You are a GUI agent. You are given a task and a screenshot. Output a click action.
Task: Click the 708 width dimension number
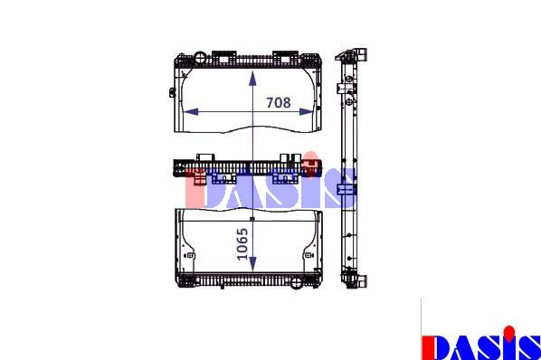278,102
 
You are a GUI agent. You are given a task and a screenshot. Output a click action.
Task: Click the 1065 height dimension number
242,244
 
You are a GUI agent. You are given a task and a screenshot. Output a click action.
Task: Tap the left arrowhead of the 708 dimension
191,112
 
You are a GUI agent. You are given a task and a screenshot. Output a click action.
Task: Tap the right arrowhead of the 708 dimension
307,112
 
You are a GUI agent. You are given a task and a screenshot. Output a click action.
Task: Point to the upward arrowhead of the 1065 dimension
253,79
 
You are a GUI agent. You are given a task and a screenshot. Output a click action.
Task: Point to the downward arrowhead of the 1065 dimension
253,264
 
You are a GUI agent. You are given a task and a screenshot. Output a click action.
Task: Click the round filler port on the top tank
200,57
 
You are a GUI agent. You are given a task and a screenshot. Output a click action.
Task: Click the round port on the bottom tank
296,283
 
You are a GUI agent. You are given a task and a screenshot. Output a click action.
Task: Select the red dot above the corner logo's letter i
508,332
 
